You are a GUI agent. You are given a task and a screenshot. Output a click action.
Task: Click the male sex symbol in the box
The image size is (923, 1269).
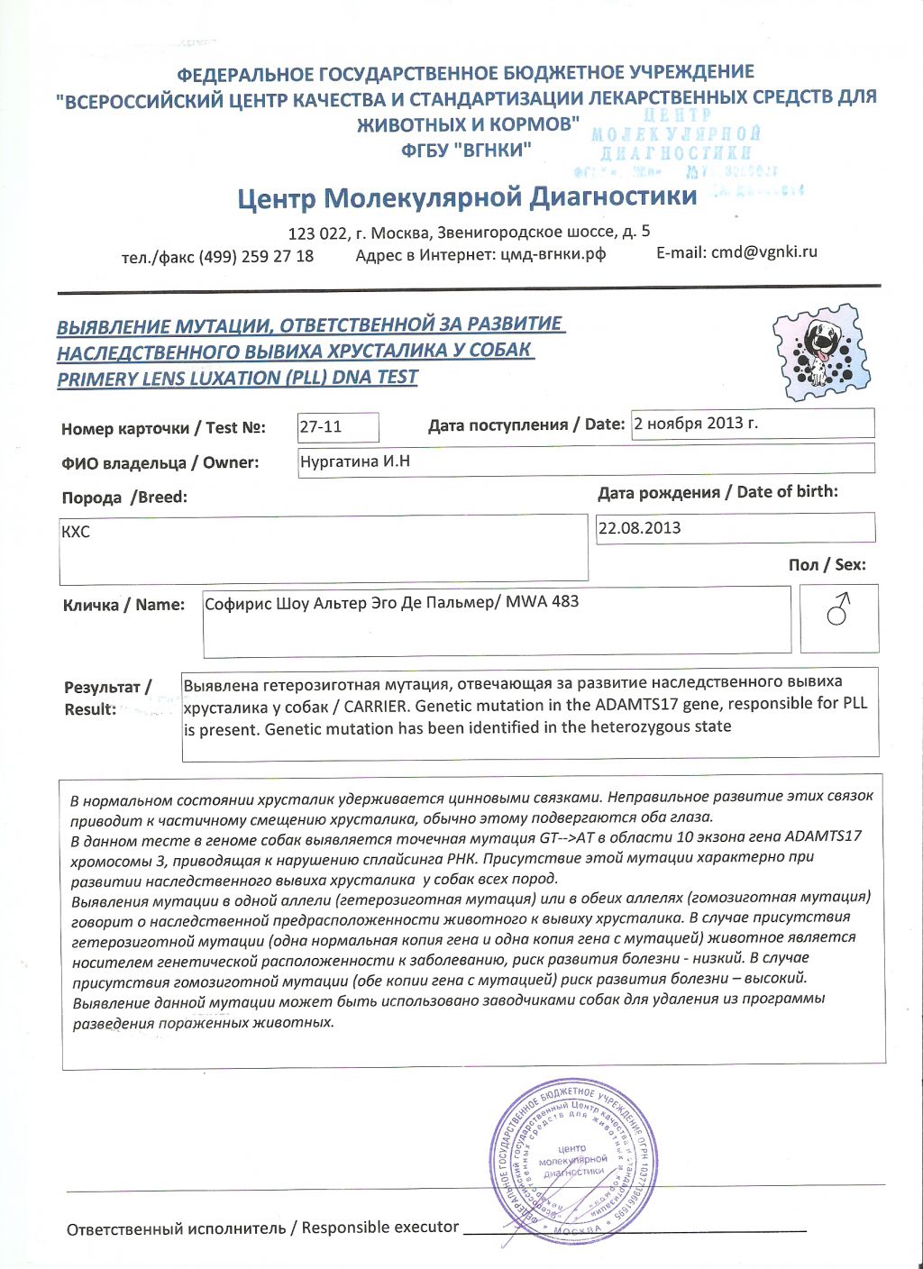[x=839, y=609]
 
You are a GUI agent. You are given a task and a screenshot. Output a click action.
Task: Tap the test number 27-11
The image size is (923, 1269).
[x=321, y=426]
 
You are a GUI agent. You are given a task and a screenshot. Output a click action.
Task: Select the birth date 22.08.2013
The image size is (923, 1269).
[x=639, y=528]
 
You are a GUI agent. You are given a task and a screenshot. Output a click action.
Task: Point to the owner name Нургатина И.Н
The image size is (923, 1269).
[x=355, y=461]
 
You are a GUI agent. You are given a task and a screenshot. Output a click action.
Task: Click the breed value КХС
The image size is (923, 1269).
[x=76, y=532]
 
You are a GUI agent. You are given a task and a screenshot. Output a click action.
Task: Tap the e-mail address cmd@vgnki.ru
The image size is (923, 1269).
[x=763, y=251]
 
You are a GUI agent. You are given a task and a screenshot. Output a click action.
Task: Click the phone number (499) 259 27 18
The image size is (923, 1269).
[x=256, y=256]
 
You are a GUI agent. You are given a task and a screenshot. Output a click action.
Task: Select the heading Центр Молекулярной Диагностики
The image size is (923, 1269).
[x=467, y=197]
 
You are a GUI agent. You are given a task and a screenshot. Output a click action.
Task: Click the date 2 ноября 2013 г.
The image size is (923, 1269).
[x=695, y=423]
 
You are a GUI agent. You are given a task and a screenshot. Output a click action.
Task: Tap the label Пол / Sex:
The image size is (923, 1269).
[x=827, y=565]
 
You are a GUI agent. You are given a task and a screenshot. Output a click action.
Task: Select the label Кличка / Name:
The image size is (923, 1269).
[x=123, y=605]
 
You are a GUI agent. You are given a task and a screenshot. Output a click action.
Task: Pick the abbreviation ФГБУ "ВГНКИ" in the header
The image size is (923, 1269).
[x=466, y=150]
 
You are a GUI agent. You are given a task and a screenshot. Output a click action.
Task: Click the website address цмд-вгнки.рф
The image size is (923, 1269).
[x=553, y=254]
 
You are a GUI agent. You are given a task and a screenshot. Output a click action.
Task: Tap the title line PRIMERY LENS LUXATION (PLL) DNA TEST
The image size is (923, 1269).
[x=238, y=378]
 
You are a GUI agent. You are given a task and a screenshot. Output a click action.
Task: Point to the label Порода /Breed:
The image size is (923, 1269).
[x=124, y=498]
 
